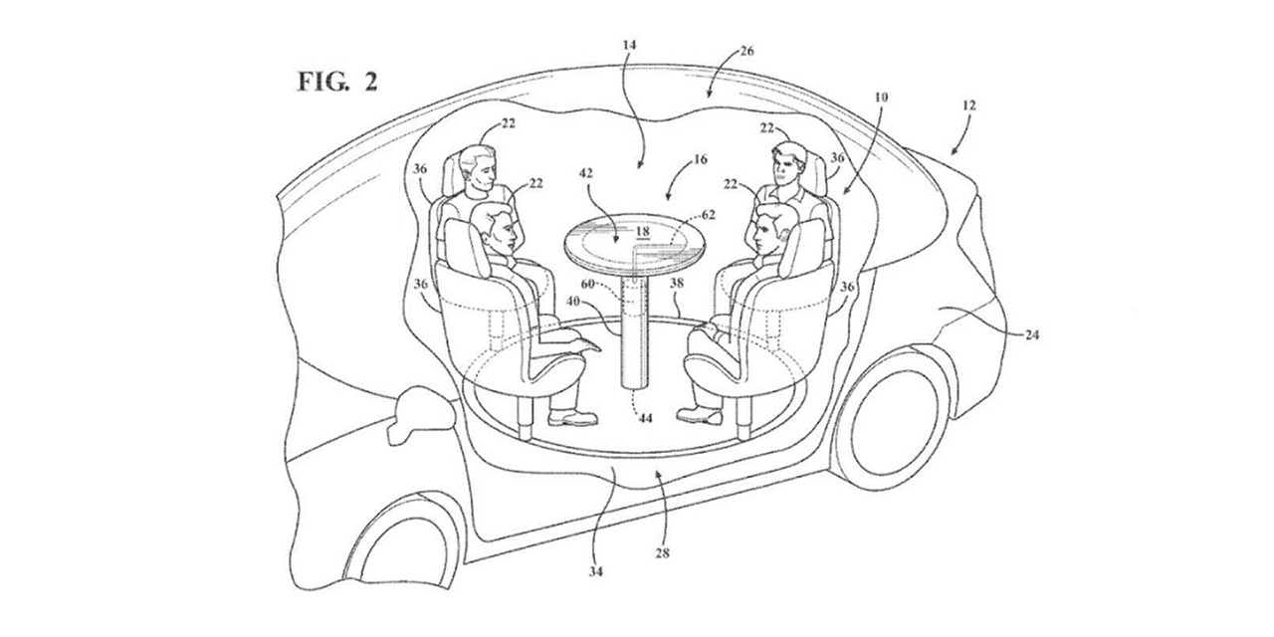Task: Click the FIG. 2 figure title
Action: point(337,82)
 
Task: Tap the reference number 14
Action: point(630,45)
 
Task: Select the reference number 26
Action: point(746,51)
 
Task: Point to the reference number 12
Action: point(969,106)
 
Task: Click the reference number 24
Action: point(1032,335)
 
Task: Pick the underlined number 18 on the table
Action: point(642,232)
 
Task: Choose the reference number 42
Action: point(586,173)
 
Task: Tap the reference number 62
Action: point(708,214)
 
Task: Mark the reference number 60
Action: point(587,284)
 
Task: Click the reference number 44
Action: point(645,418)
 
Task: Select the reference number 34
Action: point(595,571)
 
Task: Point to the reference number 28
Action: point(662,552)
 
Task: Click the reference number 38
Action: point(676,283)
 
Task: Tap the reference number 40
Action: point(573,302)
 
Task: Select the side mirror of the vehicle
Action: point(421,413)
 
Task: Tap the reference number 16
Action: point(700,159)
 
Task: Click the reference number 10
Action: point(881,98)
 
